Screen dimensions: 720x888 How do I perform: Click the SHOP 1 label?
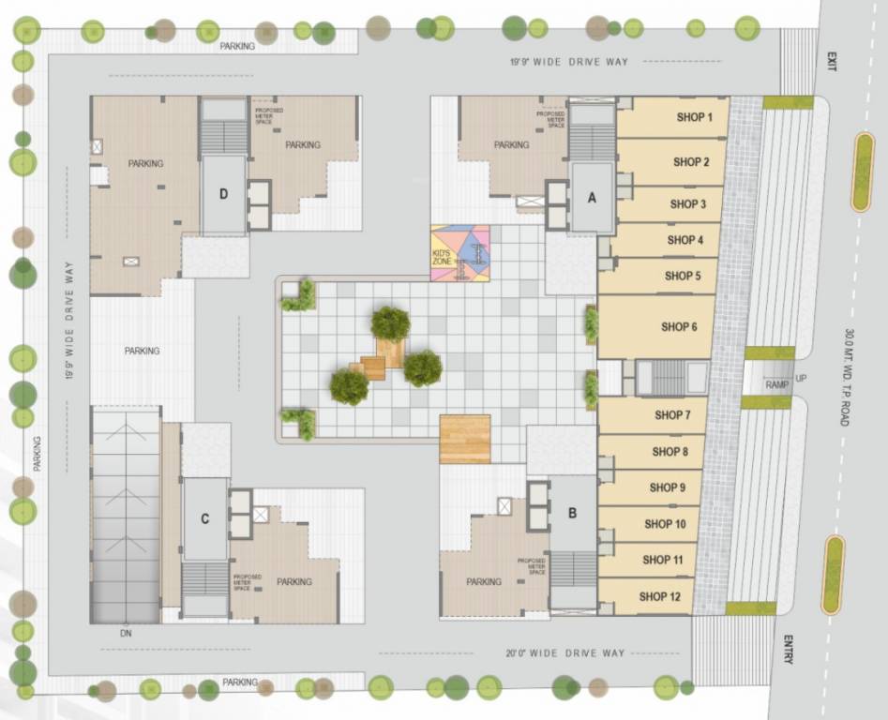695,117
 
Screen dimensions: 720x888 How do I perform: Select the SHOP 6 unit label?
679,327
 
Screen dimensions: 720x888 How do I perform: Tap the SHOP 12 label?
659,596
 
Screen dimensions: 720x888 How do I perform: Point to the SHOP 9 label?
667,487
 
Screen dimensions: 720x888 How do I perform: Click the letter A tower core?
592,197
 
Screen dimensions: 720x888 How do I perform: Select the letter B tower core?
573,513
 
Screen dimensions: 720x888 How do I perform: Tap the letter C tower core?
204,518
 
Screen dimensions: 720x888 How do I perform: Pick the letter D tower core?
223,194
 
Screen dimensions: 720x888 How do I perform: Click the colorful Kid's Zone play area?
459,253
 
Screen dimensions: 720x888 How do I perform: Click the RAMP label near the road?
775,384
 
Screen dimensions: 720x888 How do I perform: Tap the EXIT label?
830,61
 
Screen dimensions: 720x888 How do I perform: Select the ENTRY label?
788,650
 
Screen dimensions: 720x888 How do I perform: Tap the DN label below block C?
125,633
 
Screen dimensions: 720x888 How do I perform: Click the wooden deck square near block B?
465,439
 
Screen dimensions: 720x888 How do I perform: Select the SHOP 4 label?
685,240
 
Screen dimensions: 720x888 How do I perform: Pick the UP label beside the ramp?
800,378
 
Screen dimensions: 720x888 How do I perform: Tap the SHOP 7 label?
673,415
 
